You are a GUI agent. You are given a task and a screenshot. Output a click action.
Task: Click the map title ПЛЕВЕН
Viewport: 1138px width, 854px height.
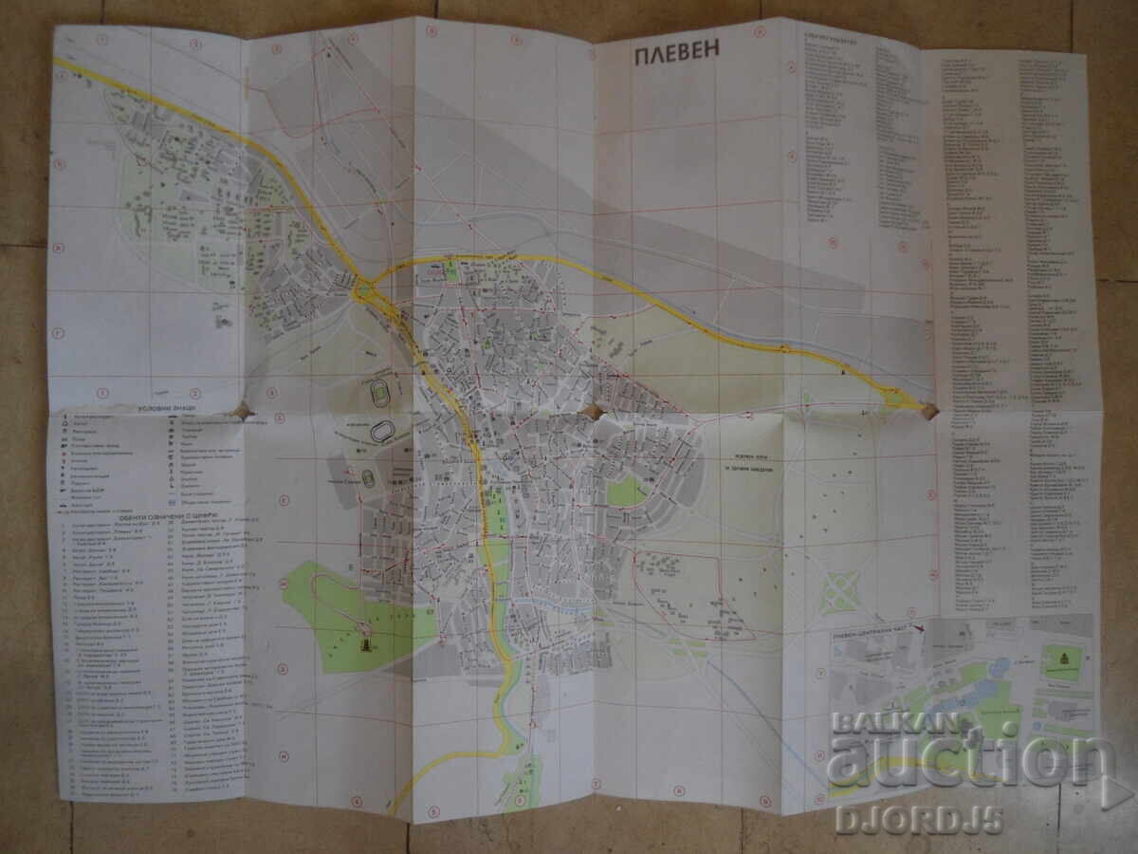coord(677,55)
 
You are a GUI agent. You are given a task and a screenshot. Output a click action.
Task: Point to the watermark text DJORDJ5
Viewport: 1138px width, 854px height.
coord(918,819)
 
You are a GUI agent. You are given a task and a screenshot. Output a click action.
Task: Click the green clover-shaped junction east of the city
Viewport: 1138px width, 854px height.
coord(838,592)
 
